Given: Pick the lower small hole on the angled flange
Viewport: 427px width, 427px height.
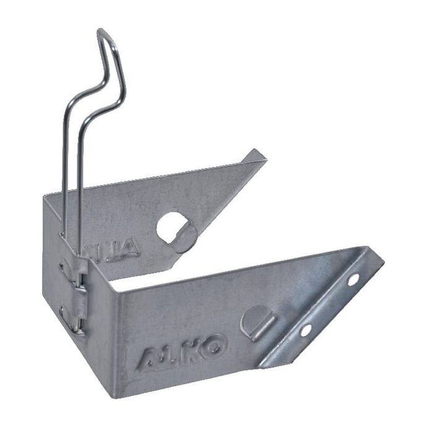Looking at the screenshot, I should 305,330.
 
